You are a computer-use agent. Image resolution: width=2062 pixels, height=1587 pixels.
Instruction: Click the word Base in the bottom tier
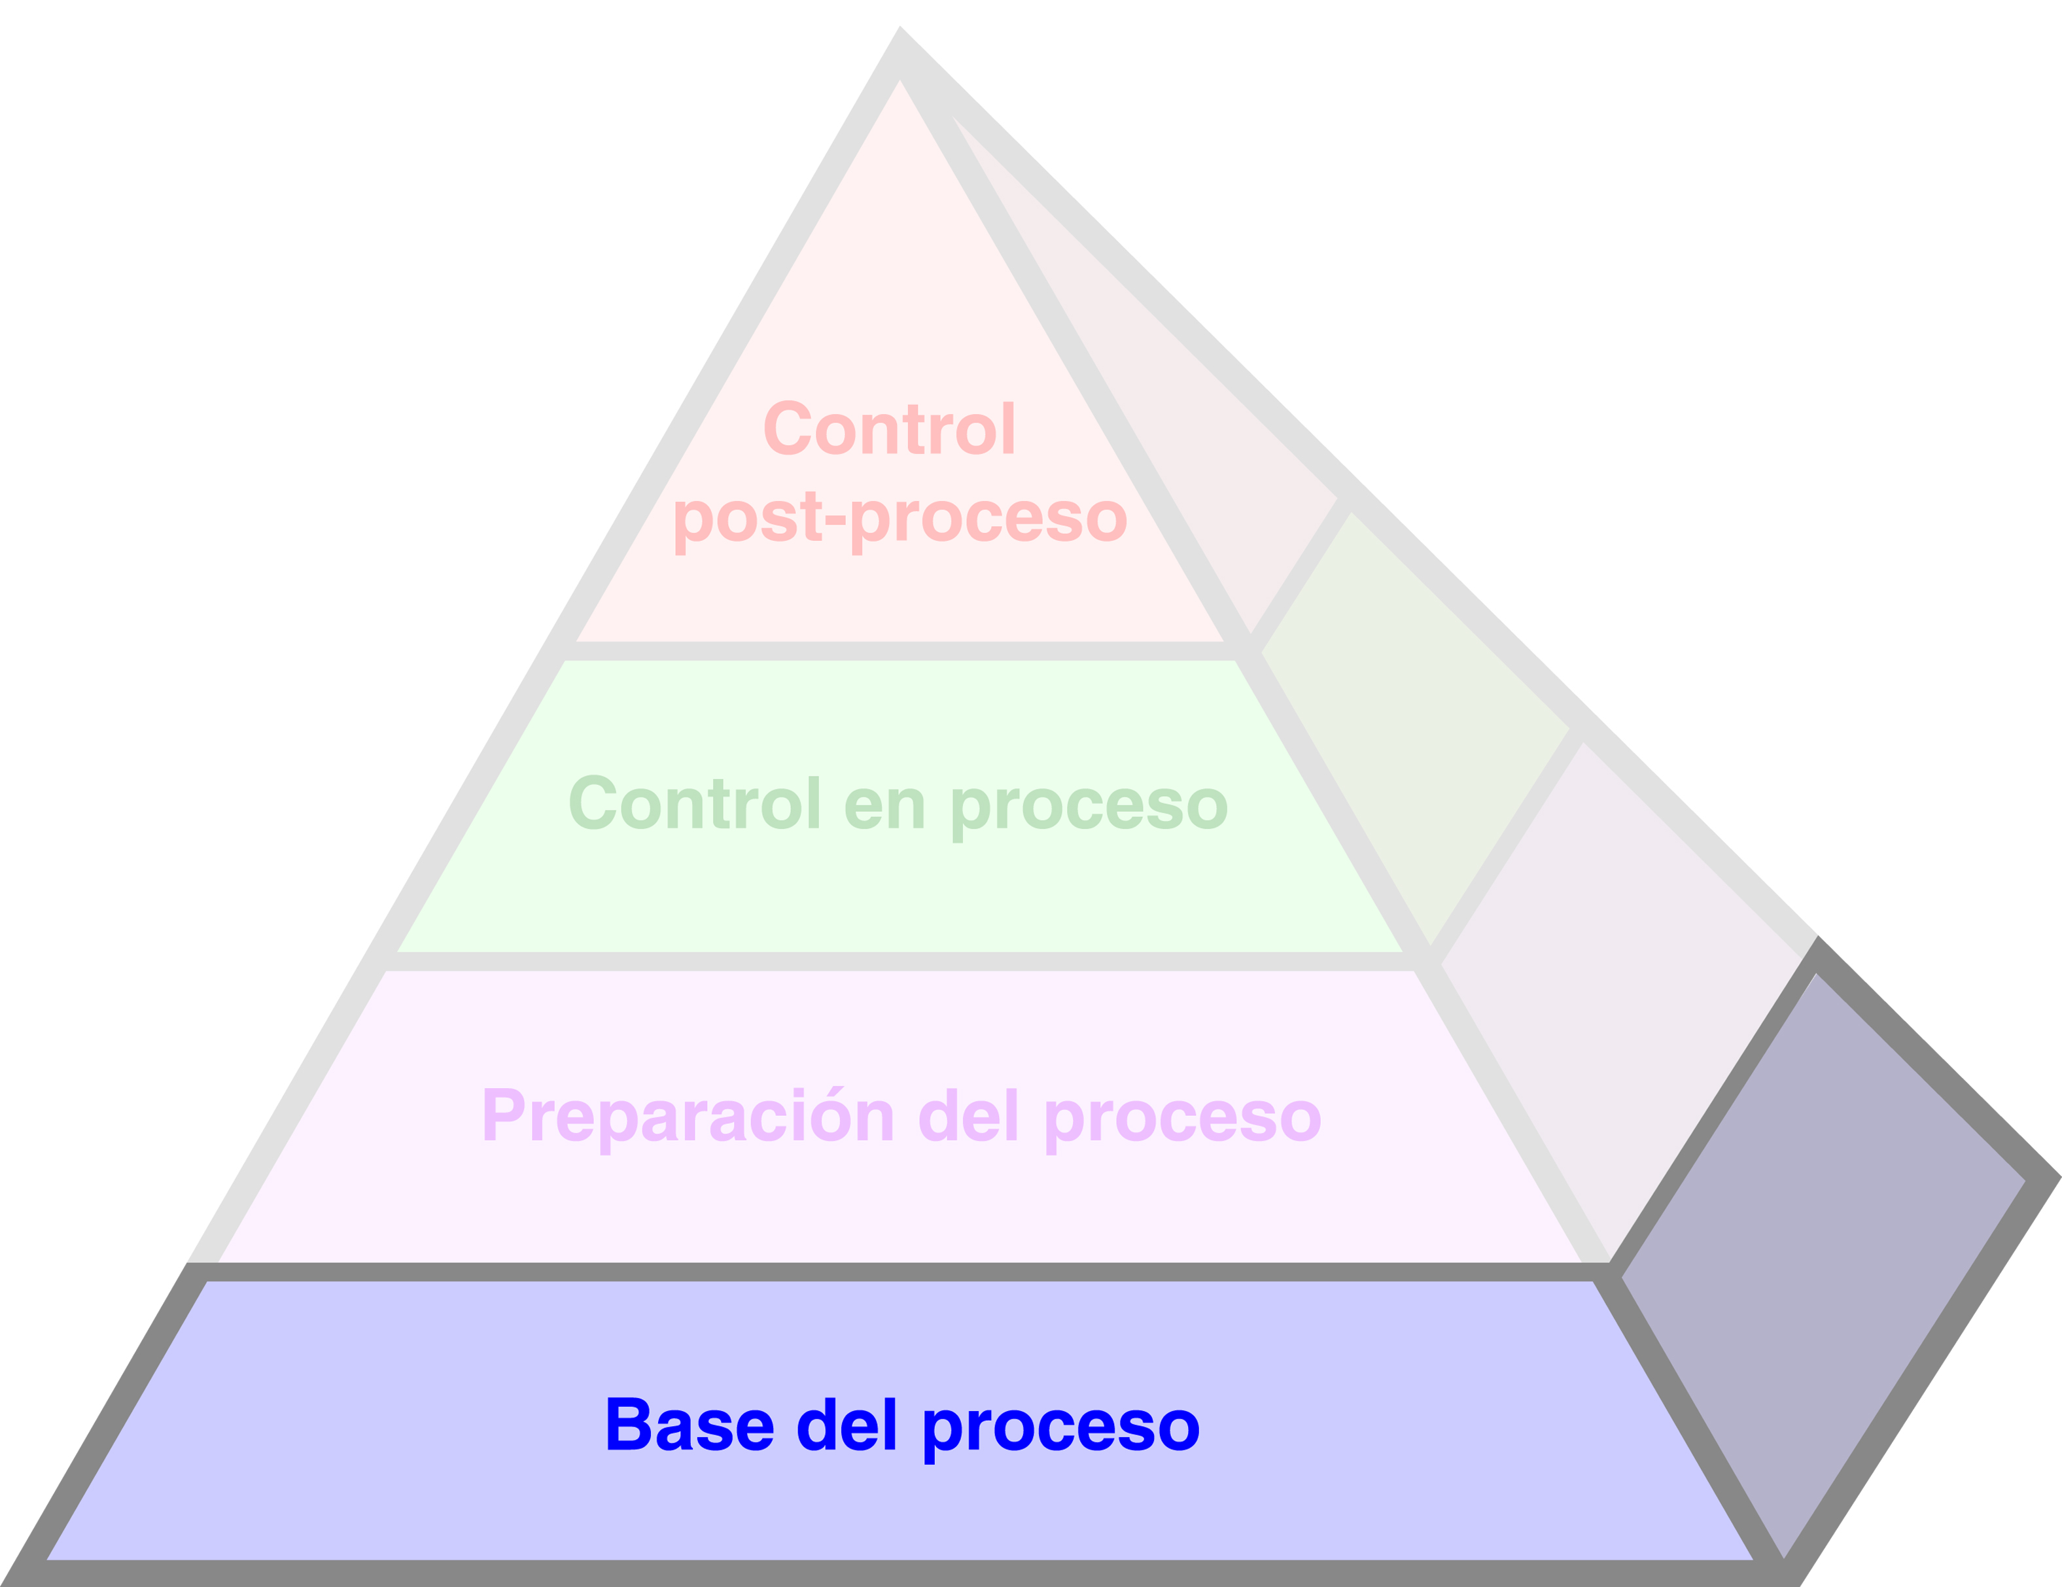pos(690,1425)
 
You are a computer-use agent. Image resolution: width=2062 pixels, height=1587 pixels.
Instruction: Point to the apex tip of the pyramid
pos(900,30)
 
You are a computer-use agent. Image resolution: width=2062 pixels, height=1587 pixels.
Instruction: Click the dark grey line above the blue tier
pos(897,1272)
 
